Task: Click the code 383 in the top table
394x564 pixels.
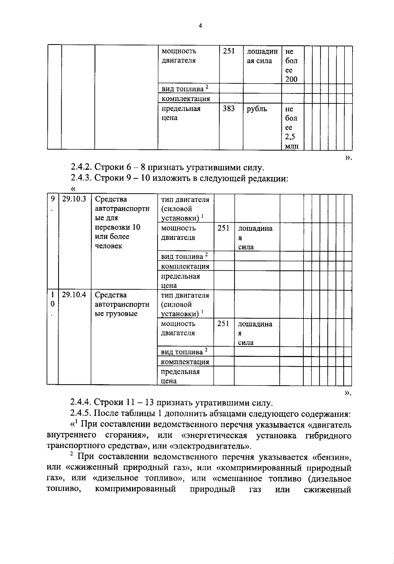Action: [229, 109]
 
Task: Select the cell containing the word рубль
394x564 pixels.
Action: [257, 109]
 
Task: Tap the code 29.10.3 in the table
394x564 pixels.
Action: [74, 199]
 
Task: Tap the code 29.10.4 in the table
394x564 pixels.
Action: [74, 295]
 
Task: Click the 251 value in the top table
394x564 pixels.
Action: [229, 51]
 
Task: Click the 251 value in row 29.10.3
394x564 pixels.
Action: [223, 228]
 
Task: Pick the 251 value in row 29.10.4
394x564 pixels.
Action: [223, 324]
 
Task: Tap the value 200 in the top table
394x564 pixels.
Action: [291, 79]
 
